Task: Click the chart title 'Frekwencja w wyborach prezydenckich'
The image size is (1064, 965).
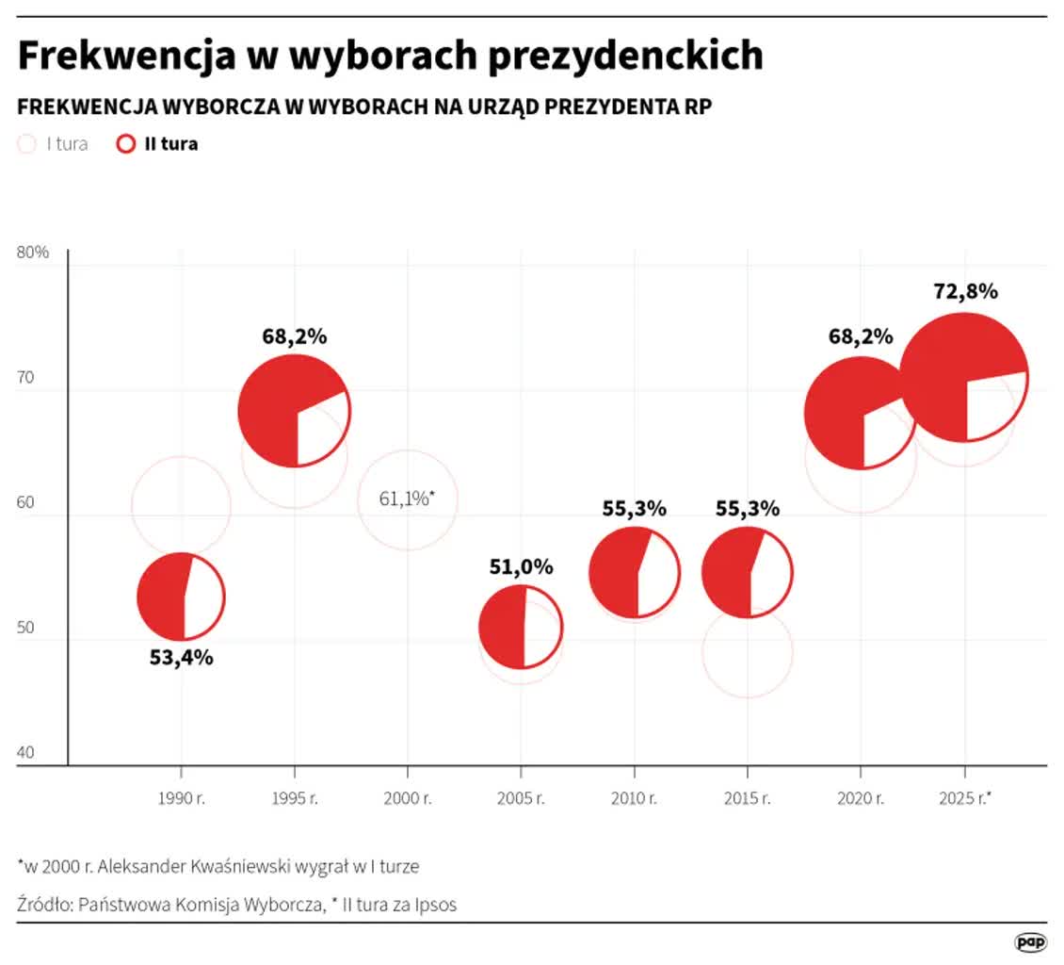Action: pos(390,57)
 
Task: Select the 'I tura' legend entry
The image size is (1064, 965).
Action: pos(54,144)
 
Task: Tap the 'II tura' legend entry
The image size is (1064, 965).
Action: pos(157,144)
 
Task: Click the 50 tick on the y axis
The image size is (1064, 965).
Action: pos(24,629)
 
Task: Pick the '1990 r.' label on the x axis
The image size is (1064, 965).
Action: pos(181,798)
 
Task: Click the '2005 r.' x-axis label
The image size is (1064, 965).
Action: pos(521,798)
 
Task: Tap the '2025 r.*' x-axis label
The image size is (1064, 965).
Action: pos(965,798)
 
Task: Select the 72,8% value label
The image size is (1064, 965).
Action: pos(965,291)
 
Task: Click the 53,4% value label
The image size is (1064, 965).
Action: pos(181,658)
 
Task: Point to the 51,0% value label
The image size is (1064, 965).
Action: pos(521,567)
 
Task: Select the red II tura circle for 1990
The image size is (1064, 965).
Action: pos(181,597)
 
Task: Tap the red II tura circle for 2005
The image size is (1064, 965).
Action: pos(521,627)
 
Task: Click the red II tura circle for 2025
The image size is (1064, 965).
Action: pos(963,378)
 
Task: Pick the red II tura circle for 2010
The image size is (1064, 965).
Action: pos(635,572)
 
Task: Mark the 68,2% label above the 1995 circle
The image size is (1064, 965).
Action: pos(295,336)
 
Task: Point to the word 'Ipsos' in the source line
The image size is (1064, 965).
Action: pos(435,905)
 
